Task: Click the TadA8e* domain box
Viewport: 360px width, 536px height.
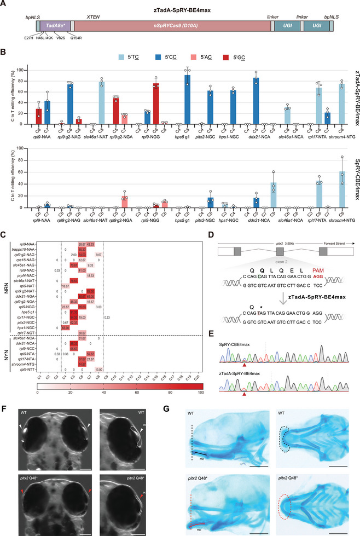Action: click(x=53, y=26)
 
